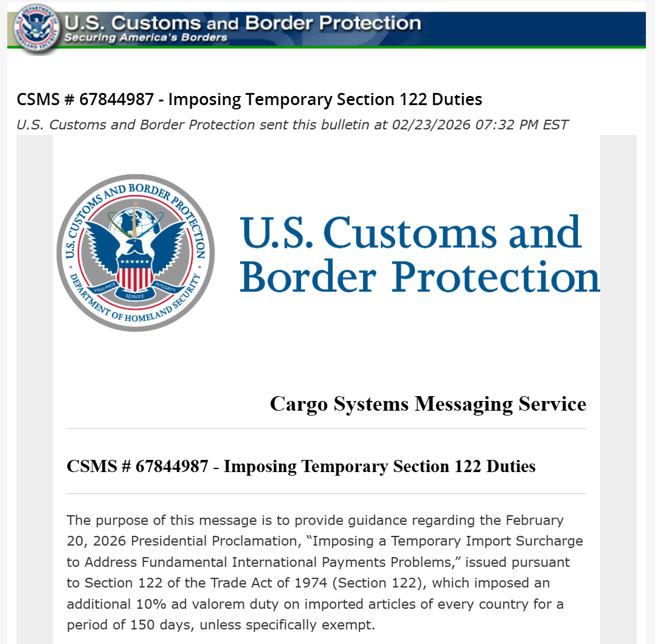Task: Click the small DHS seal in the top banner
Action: coord(35,28)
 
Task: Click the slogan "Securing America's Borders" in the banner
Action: coord(146,38)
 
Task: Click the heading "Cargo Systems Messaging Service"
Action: coord(428,404)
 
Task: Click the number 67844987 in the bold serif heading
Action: coord(176,467)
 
